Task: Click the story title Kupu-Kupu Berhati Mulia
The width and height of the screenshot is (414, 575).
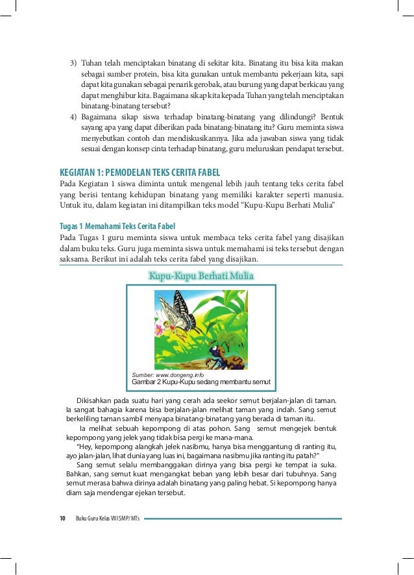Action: [201, 277]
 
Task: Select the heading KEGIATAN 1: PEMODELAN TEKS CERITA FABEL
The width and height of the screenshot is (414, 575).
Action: [140, 172]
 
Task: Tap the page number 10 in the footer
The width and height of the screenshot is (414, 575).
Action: [62, 519]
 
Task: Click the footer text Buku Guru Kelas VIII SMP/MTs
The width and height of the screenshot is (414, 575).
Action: [108, 519]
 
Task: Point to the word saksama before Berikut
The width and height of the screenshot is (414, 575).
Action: [75, 259]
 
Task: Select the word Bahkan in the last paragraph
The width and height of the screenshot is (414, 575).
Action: [80, 474]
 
